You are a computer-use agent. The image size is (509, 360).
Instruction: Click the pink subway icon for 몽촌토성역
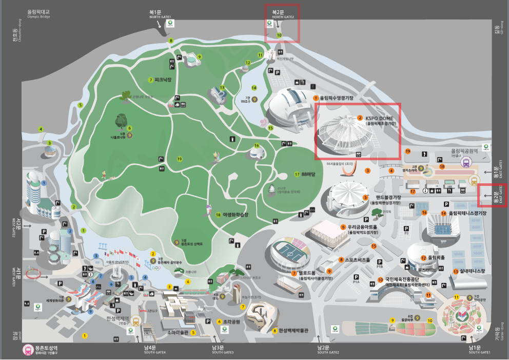click(27, 349)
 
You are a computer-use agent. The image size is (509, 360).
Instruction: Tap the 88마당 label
click(308, 174)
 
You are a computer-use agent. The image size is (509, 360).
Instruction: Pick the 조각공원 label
click(231, 322)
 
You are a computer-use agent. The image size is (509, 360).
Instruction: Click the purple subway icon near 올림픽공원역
click(466, 163)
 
